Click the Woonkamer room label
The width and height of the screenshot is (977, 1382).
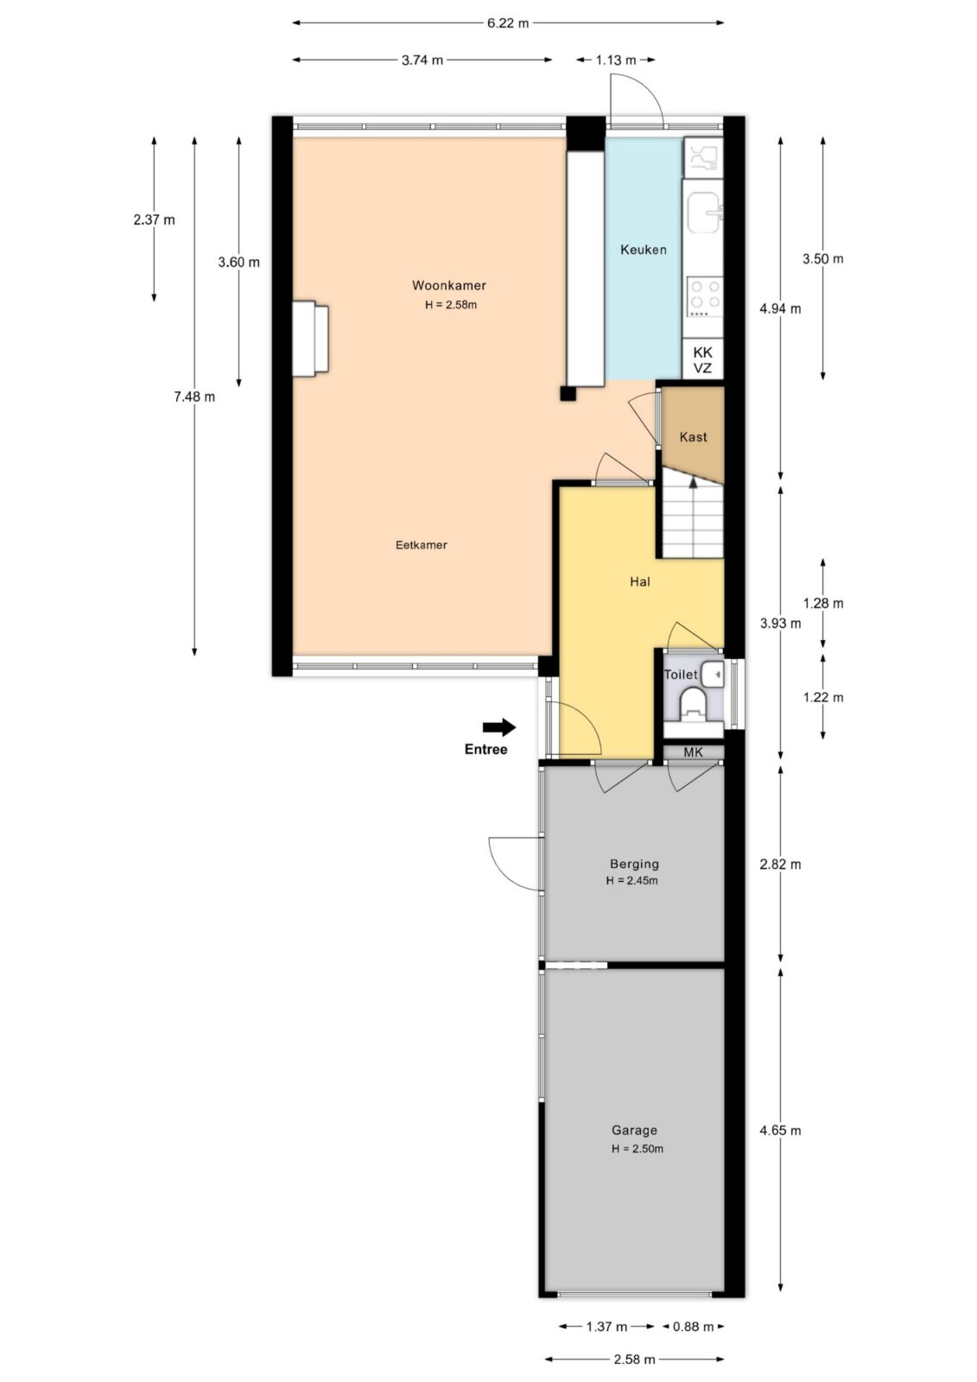(x=448, y=286)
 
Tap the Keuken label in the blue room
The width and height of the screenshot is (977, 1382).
(x=643, y=250)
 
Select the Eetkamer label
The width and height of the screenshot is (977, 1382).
(x=421, y=545)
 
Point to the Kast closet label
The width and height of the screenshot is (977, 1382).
(x=693, y=437)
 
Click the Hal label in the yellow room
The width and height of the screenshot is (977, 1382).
(x=639, y=582)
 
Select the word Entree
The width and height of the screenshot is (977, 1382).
(x=485, y=750)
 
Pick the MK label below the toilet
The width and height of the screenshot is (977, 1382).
(x=693, y=752)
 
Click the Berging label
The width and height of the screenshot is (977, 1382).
(x=634, y=865)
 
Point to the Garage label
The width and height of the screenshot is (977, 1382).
(x=634, y=1131)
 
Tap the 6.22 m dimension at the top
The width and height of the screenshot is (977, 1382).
(x=508, y=23)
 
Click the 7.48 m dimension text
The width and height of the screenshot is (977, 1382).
(x=194, y=396)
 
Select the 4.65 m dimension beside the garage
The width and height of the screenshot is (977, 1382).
(x=780, y=1131)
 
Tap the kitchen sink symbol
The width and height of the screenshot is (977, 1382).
(x=704, y=212)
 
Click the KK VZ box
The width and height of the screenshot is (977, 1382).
(x=702, y=359)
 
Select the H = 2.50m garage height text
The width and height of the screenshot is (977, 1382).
(x=638, y=1149)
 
